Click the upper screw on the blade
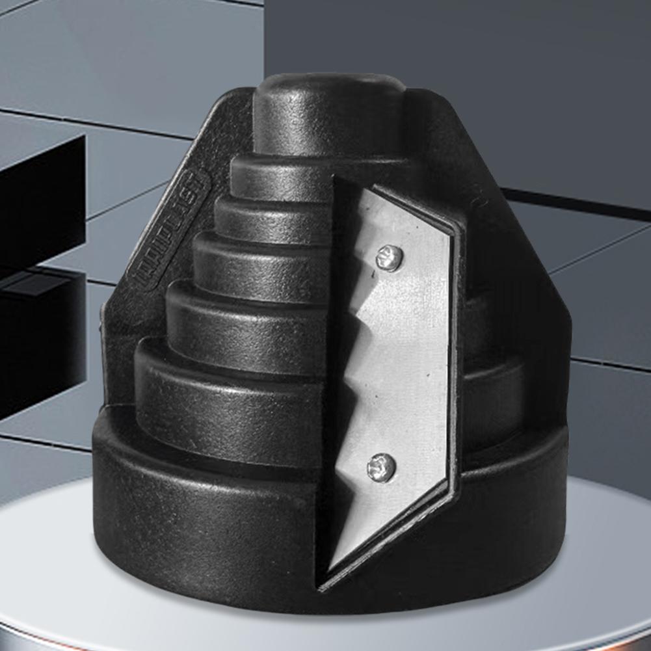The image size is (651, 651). coord(389,258)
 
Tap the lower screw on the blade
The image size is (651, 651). coord(380,466)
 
